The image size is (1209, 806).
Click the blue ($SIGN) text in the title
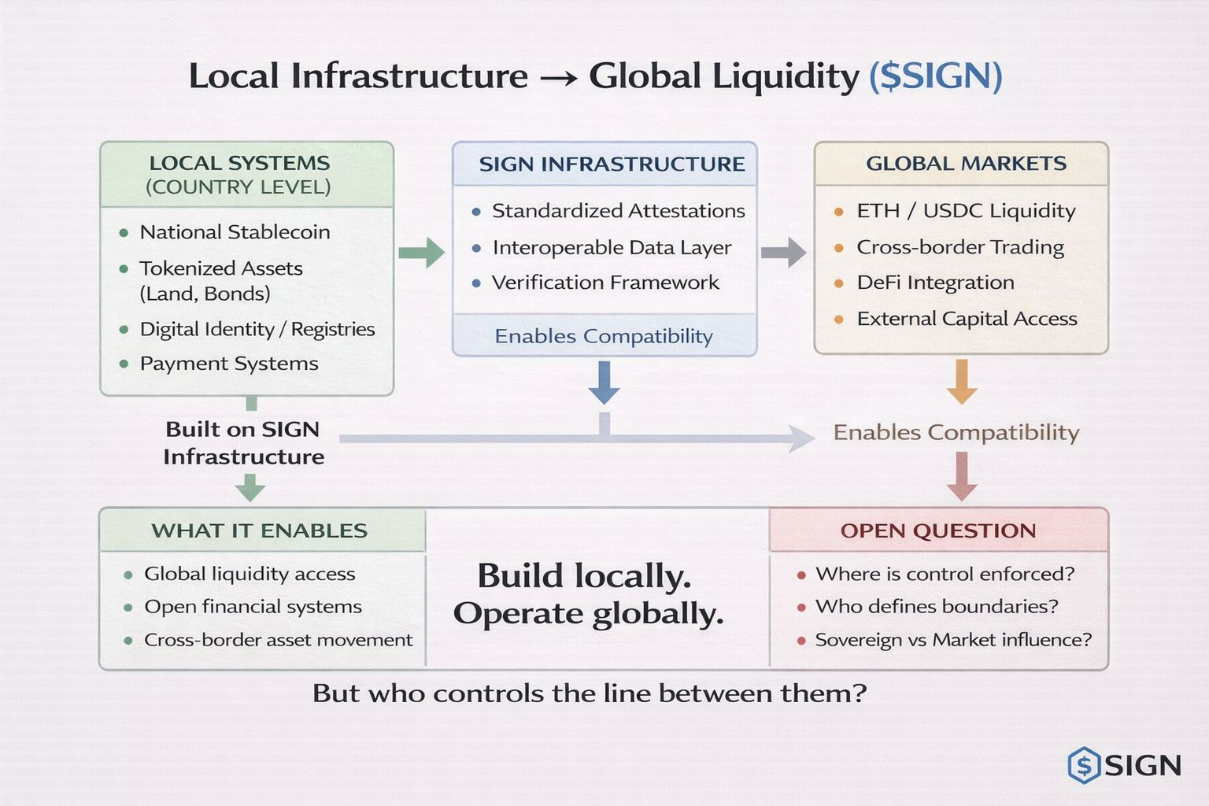pos(935,76)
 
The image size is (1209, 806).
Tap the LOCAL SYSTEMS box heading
pos(239,164)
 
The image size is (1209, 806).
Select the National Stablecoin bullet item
pos(235,232)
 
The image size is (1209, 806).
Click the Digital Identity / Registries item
pos(257,329)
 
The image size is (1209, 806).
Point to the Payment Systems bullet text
pos(229,364)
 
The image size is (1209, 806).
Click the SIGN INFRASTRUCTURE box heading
pos(612,165)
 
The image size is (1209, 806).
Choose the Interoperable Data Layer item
pos(612,248)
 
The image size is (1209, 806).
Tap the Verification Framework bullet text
pos(605,283)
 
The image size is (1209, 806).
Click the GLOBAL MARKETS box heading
pos(966,164)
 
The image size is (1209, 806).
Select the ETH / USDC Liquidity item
pos(966,211)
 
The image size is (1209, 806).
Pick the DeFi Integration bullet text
pos(935,283)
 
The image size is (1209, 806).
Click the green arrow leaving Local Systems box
pos(422,253)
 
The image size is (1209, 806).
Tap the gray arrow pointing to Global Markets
pos(784,253)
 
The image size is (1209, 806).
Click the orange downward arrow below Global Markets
pos(961,382)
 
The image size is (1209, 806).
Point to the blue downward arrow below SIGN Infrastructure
pos(604,383)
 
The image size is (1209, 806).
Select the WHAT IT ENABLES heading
pos(259,531)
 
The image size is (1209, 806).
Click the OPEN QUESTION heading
pos(937,531)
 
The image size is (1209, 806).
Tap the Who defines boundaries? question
pos(937,607)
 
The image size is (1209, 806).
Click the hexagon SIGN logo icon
pos(1084,765)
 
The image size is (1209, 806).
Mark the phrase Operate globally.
pos(588,614)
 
